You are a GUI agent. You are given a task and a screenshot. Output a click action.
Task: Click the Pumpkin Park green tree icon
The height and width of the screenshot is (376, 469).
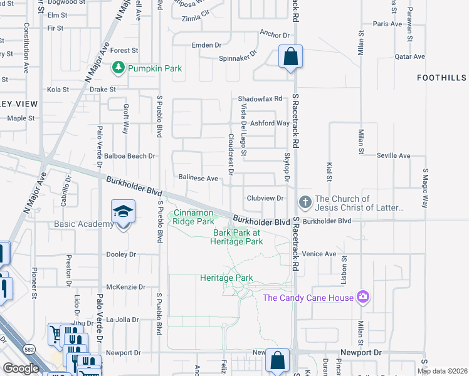[x=117, y=67]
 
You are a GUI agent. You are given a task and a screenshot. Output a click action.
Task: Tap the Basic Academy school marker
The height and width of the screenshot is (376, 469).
[x=123, y=212]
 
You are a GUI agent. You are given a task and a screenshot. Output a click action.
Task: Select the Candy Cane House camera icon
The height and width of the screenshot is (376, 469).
[x=362, y=297]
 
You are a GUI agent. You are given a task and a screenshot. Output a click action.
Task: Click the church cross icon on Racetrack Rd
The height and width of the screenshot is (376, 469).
[x=305, y=202]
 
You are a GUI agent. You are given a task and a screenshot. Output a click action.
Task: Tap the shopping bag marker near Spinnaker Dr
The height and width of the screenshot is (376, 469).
[x=290, y=57]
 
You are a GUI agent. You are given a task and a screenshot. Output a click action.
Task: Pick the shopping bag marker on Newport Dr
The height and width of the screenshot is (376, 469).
[x=277, y=360]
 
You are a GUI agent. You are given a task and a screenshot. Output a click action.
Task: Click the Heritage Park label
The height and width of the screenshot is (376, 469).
[x=226, y=278]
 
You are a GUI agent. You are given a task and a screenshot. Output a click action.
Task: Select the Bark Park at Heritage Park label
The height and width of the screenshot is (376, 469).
[x=238, y=237]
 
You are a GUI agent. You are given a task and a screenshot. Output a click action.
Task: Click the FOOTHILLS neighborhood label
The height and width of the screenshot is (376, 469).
[x=442, y=77]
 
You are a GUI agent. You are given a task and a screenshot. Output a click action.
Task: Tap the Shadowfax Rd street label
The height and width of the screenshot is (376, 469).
[x=260, y=98]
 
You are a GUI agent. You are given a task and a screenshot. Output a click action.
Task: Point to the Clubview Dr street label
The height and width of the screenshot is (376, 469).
[x=266, y=198]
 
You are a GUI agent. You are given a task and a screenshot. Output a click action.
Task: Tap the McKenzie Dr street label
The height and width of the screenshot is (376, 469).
[x=126, y=287]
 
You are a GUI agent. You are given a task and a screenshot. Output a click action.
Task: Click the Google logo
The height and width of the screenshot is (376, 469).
[x=21, y=368]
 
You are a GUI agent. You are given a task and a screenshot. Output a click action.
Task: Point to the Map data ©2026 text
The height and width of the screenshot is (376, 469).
[x=441, y=371]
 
